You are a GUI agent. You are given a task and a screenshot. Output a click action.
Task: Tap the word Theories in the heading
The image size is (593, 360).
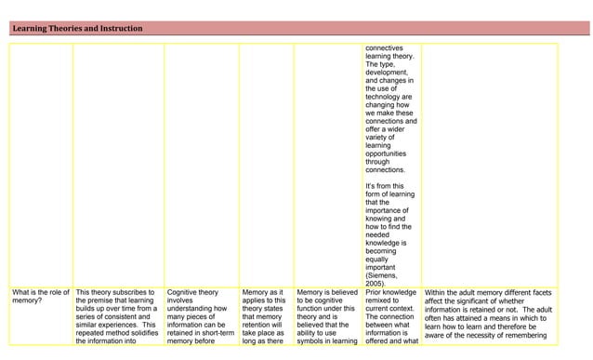(x=67, y=29)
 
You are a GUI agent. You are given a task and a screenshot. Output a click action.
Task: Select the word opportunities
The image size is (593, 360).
(x=389, y=153)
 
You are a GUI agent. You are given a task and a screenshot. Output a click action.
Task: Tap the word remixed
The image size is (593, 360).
(x=380, y=302)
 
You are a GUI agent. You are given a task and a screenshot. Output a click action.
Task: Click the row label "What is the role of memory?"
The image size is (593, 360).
(x=40, y=298)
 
